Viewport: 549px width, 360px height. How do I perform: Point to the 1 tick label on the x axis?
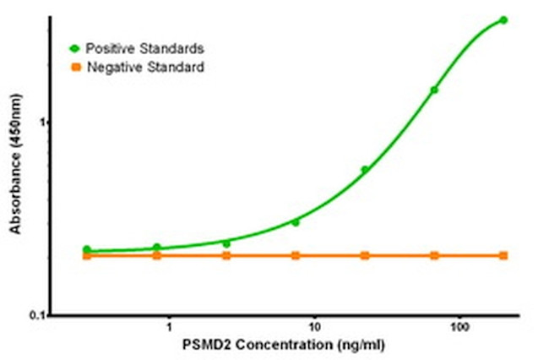pos(169,326)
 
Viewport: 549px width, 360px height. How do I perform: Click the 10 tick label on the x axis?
pos(314,326)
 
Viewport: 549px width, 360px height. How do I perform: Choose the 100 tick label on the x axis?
pos(459,326)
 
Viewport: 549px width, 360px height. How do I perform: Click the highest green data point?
pos(503,19)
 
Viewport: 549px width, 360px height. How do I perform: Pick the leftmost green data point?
pos(87,249)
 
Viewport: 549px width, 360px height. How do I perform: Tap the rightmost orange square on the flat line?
pos(503,255)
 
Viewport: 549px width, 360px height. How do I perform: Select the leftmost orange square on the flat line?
pos(87,255)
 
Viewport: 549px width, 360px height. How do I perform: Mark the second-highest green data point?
pos(434,90)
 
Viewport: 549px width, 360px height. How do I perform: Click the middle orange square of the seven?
pos(296,255)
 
